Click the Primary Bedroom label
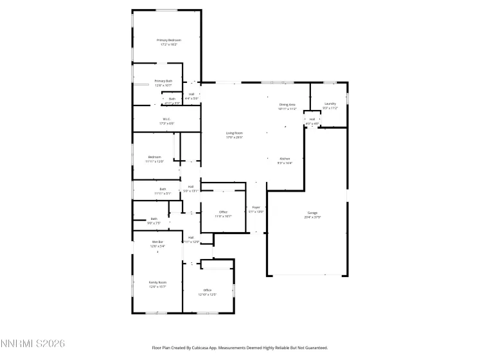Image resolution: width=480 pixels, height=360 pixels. tap(168, 40)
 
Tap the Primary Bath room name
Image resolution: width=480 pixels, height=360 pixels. tap(163, 81)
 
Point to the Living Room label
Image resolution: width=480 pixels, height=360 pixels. tap(234, 133)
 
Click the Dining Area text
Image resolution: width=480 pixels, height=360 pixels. tap(287, 104)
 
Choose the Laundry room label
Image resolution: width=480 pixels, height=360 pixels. tap(330, 104)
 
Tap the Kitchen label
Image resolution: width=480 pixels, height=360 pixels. tap(285, 158)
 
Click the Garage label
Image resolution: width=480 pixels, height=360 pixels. tap(312, 213)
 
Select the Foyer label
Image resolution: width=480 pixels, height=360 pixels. tap(256, 207)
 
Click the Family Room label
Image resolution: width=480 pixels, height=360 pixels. tap(157, 282)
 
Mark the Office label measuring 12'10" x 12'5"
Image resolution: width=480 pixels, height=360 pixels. tap(207, 291)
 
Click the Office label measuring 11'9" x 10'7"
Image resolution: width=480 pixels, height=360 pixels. tap(223, 212)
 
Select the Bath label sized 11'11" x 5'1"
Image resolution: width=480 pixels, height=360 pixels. tap(163, 189)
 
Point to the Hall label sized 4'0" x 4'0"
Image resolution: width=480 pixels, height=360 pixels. tap(312, 119)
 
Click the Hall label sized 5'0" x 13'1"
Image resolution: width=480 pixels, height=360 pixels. tap(191, 186)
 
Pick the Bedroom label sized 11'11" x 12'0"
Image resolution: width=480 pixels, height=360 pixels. tap(155, 157)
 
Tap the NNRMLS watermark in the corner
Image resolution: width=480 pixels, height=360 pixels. tap(33, 345)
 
